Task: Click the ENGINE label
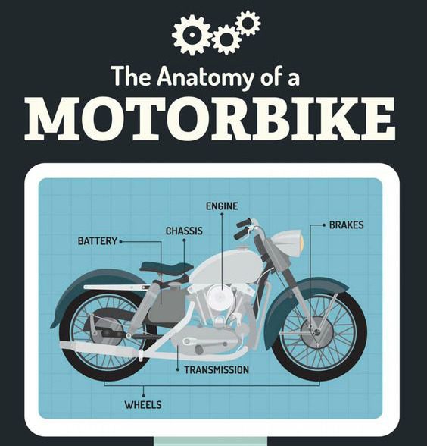click(x=222, y=206)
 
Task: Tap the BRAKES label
click(x=347, y=225)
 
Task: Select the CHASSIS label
click(x=184, y=231)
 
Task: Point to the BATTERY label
click(x=98, y=241)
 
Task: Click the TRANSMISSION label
click(x=217, y=370)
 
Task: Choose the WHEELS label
click(x=143, y=404)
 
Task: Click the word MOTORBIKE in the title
click(x=210, y=119)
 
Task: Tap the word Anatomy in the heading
click(x=204, y=77)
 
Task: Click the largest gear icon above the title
click(x=192, y=35)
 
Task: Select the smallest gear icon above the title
click(x=248, y=24)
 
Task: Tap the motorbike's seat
click(x=166, y=267)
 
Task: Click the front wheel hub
click(x=316, y=331)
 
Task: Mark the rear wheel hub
click(x=108, y=331)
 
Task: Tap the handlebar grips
click(x=243, y=228)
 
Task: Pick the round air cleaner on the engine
click(x=220, y=297)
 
